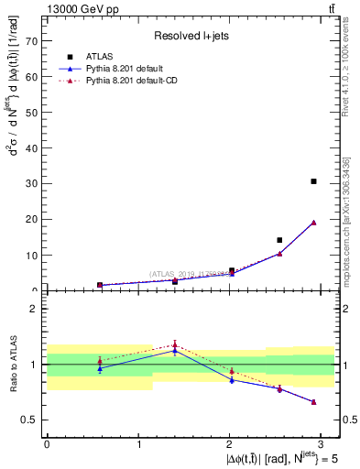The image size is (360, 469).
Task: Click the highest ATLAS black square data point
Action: [313, 181]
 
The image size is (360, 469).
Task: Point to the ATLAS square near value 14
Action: [279, 240]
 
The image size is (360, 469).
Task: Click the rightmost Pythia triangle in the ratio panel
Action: [313, 402]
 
